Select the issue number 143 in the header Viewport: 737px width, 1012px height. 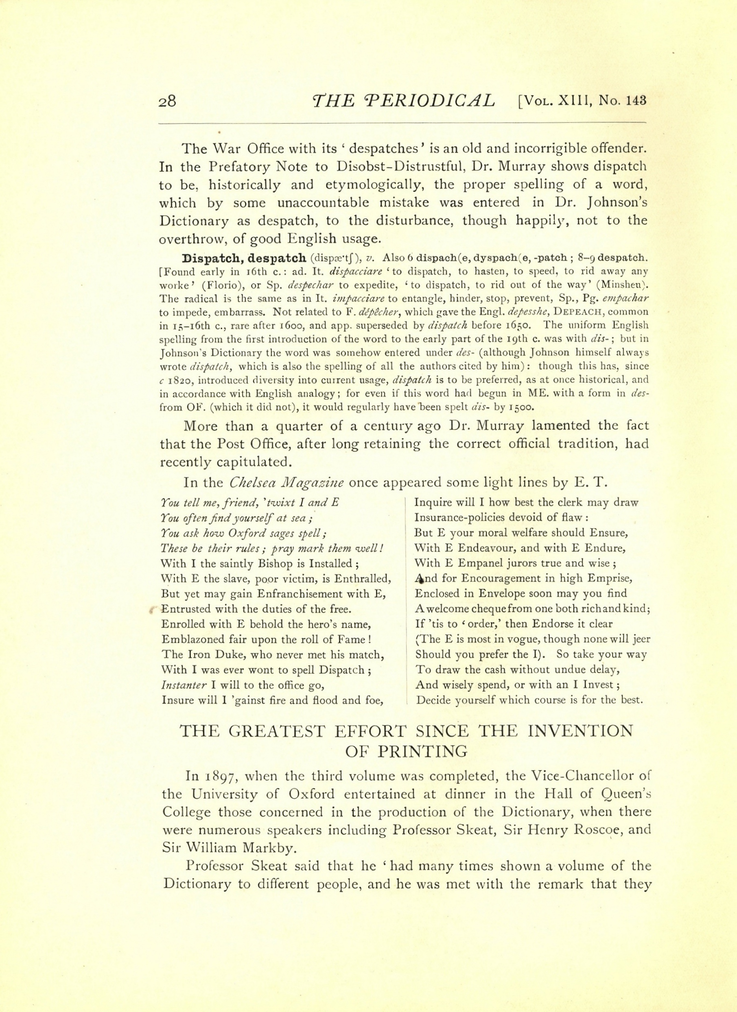(x=636, y=101)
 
